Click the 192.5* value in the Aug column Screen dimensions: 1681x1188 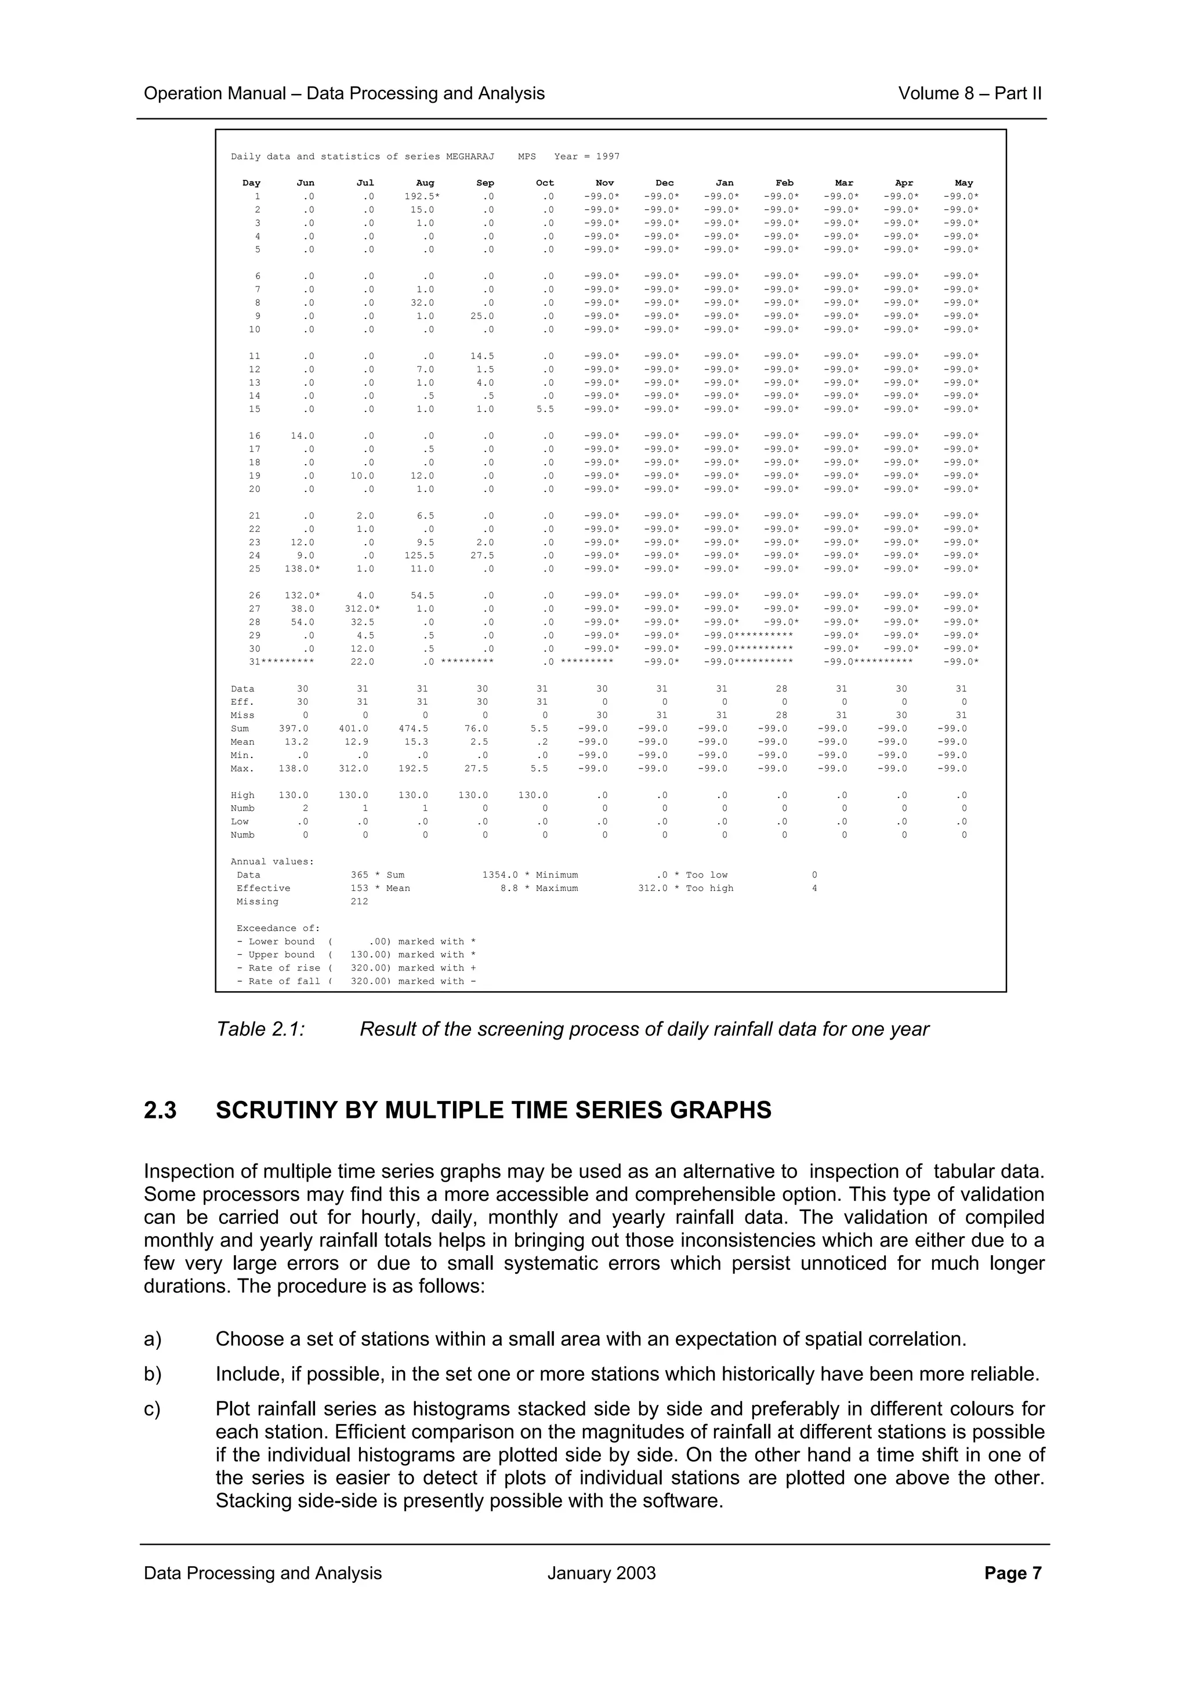(422, 196)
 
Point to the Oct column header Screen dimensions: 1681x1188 (545, 183)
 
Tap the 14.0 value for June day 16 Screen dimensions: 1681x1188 (302, 436)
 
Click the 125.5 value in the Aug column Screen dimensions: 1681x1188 (422, 556)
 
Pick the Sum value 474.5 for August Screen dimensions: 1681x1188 (414, 729)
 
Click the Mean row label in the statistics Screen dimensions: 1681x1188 (242, 742)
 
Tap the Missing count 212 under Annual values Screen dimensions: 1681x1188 (360, 901)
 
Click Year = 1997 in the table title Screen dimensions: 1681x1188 (586, 157)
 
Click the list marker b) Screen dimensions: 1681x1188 (152, 1374)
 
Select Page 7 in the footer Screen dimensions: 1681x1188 (1012, 1573)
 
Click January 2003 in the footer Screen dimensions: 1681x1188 (601, 1573)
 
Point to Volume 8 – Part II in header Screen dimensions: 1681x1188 (969, 94)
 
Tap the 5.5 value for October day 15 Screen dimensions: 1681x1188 (545, 410)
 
